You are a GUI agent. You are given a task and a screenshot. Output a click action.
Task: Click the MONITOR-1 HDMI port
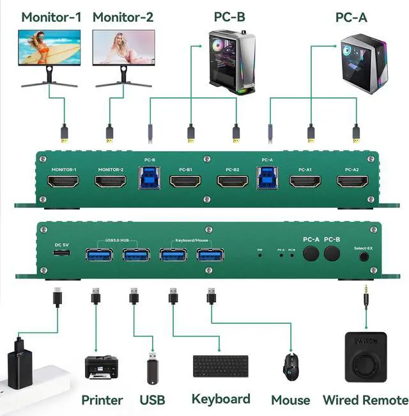[x=63, y=181]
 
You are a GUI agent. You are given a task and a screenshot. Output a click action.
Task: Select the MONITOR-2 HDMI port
[x=111, y=181]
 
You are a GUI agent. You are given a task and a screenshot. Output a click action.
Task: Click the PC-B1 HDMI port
[x=186, y=181]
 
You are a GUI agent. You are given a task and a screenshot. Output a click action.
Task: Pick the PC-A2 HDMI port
[x=352, y=181]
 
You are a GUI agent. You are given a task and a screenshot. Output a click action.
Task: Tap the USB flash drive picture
[x=153, y=369]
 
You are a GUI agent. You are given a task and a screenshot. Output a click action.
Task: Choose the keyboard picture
[x=220, y=367]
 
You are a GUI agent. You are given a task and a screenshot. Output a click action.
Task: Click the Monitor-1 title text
[x=51, y=17]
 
